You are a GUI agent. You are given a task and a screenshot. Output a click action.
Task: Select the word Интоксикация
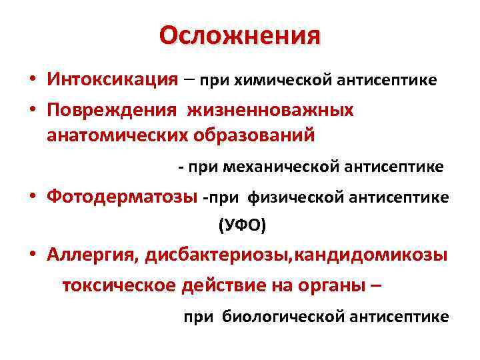(x=112, y=79)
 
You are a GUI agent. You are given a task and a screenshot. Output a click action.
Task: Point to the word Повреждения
(x=112, y=110)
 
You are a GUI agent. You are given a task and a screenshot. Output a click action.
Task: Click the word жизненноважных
(x=270, y=110)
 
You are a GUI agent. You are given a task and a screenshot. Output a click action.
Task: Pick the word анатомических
(x=117, y=135)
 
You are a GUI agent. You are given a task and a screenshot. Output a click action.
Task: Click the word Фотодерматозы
(x=122, y=197)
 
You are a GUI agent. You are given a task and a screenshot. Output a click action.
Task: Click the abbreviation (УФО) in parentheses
(x=242, y=227)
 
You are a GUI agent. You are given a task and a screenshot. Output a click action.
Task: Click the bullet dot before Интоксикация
(x=32, y=80)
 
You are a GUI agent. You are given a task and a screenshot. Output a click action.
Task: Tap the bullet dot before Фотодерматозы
(x=32, y=197)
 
